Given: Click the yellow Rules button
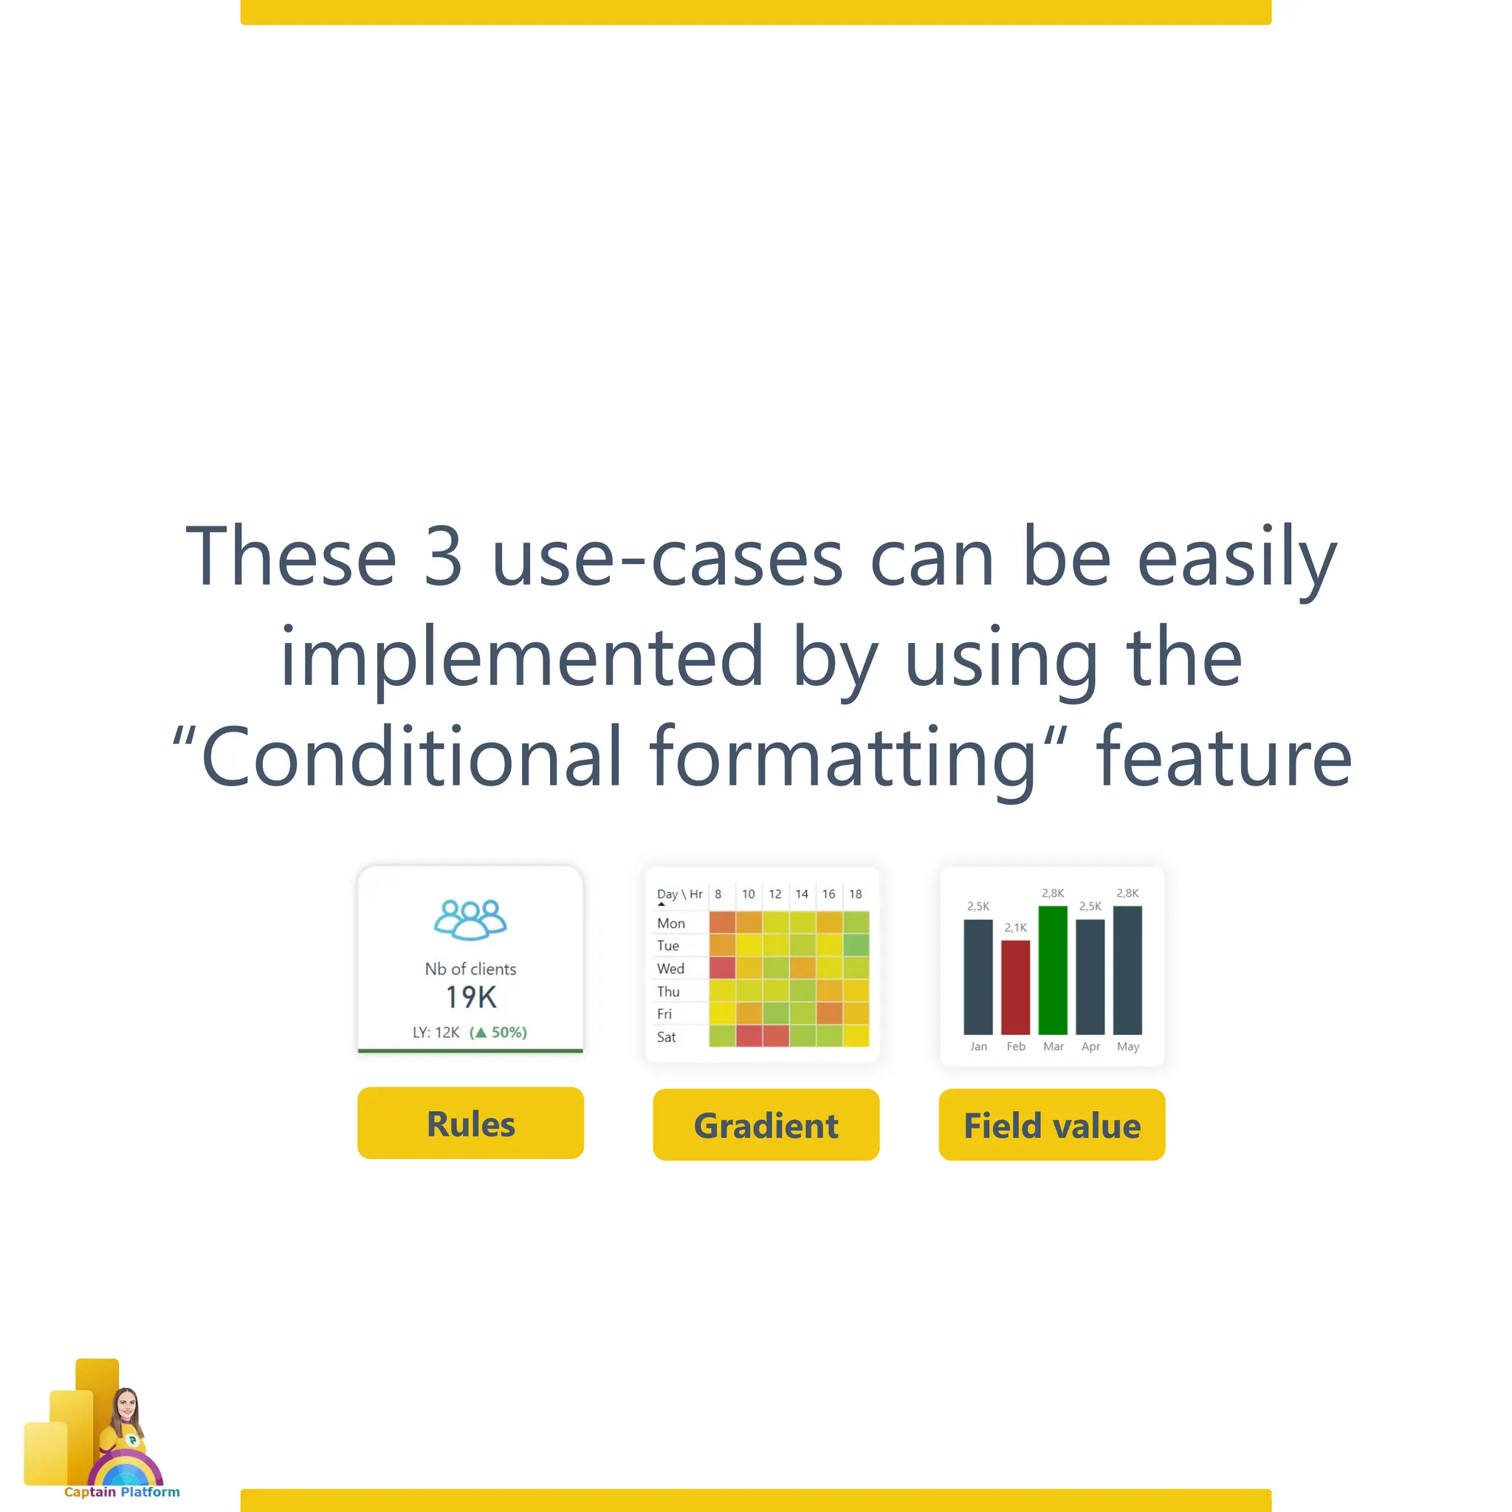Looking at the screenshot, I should coord(470,1123).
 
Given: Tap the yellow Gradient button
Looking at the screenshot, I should coord(766,1124).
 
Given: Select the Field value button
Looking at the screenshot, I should coord(1051,1124).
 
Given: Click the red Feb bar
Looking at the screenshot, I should coord(1015,987).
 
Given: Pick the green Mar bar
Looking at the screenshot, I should coord(1053,969).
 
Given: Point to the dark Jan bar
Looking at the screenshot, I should coord(977,976).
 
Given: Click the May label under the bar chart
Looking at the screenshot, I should coord(1127,1046).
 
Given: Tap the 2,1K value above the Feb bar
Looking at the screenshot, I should coord(1015,927).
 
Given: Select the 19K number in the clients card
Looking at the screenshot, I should coord(470,997).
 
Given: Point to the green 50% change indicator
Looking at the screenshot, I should coord(498,1032).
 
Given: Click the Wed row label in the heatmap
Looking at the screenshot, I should coord(670,968).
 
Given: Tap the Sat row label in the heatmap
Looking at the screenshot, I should coord(666,1037).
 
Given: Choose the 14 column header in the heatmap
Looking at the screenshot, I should coord(801,894).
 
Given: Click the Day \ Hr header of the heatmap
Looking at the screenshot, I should coord(678,894).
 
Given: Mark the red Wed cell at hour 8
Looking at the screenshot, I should coord(721,967).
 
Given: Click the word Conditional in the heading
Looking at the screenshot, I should coord(412,756).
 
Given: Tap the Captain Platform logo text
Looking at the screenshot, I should coord(121,1491).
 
